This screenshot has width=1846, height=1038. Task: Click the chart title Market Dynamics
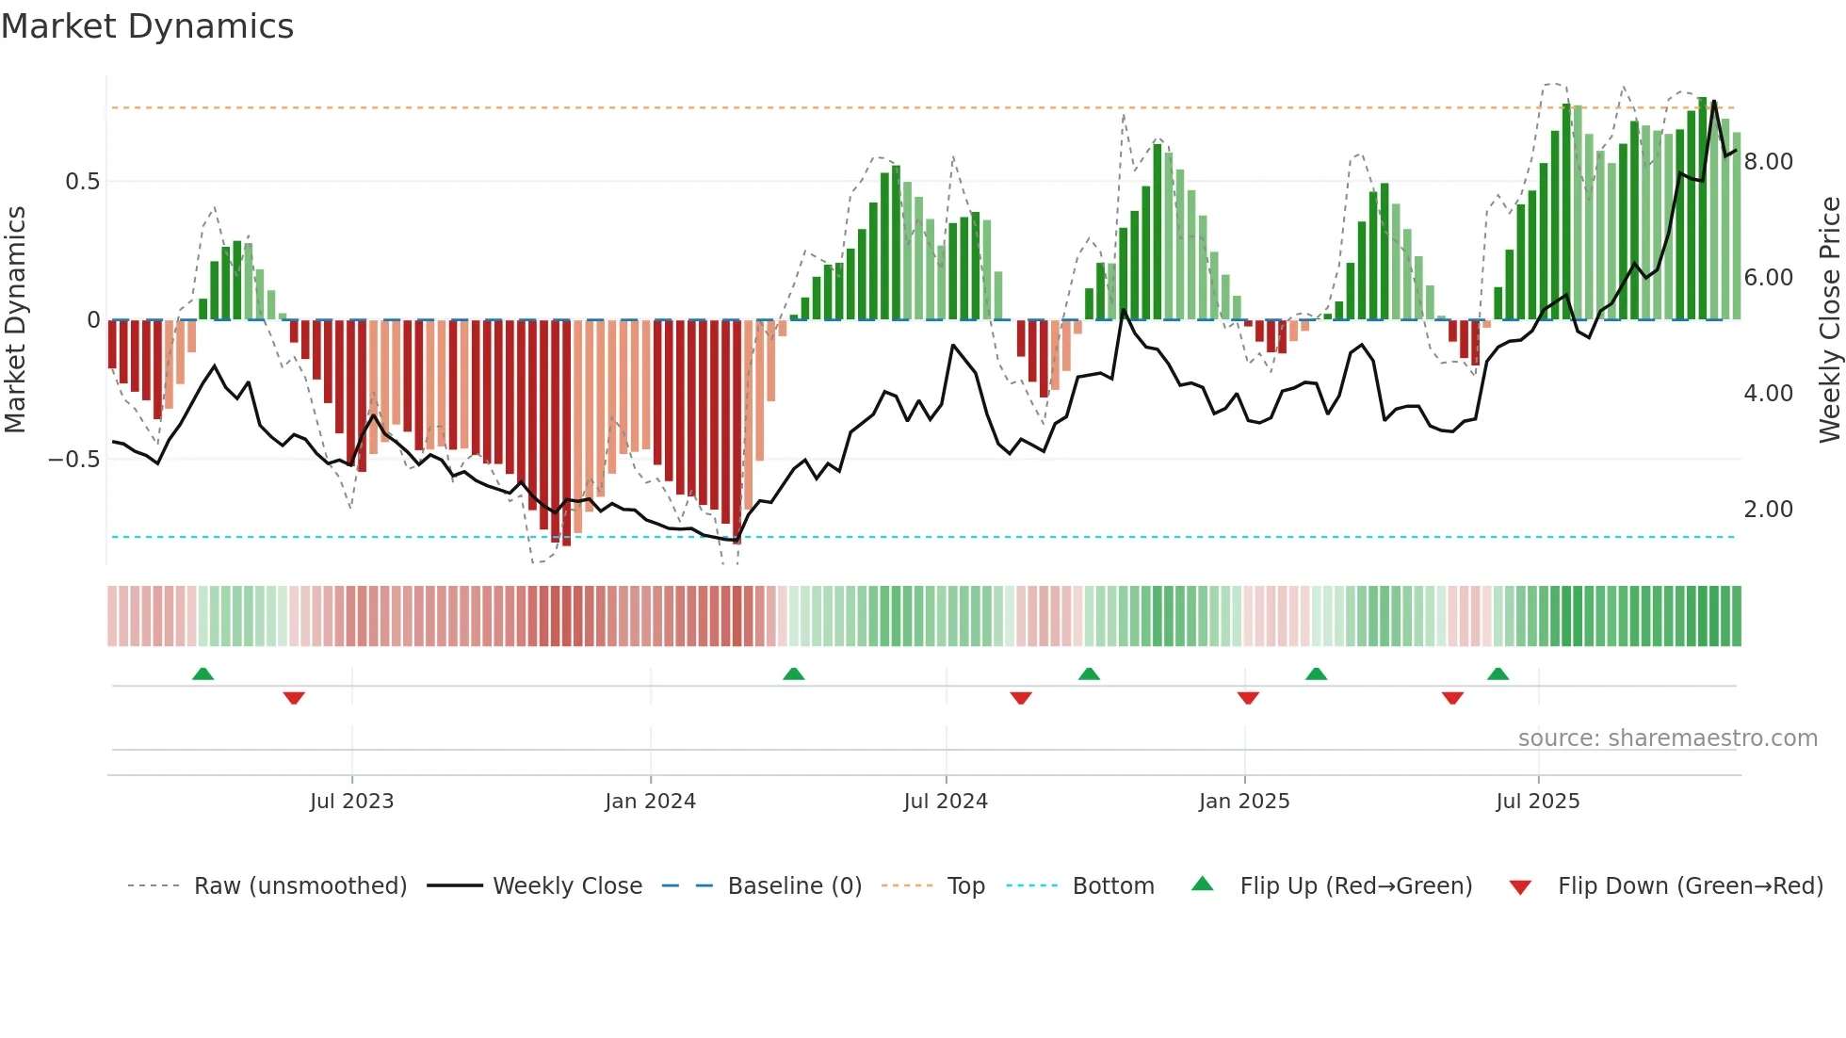(147, 26)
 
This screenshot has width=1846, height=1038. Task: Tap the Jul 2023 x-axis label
(351, 802)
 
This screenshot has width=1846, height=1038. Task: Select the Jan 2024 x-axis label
(650, 802)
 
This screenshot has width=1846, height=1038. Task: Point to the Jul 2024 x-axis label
(946, 802)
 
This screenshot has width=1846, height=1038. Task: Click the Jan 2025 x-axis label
(1244, 802)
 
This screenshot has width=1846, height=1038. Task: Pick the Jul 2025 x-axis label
(1537, 802)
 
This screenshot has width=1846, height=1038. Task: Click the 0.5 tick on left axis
(82, 182)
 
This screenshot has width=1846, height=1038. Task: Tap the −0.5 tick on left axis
(74, 460)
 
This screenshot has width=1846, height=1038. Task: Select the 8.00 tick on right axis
(1768, 162)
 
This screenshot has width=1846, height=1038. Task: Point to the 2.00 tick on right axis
(1768, 510)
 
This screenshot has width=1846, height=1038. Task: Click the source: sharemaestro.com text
(1667, 738)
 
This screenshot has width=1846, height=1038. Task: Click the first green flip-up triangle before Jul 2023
(202, 673)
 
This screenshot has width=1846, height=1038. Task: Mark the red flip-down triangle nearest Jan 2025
(1248, 698)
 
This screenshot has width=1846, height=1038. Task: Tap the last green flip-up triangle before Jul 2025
(1498, 673)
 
